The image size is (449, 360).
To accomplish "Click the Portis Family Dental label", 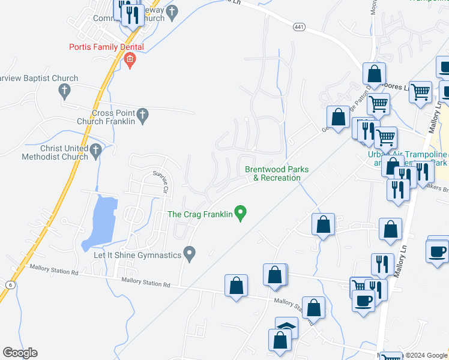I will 106,47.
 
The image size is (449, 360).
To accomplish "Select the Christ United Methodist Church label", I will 63,153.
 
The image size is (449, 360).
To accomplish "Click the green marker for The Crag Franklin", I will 241,213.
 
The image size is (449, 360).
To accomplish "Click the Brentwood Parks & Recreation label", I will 277,173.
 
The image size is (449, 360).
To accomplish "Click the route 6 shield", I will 11,284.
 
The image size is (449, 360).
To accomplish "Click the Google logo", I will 20,353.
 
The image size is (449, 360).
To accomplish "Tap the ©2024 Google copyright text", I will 426,356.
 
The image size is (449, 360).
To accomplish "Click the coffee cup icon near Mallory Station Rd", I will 364,300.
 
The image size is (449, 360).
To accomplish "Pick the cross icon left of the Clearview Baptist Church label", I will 64,90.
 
